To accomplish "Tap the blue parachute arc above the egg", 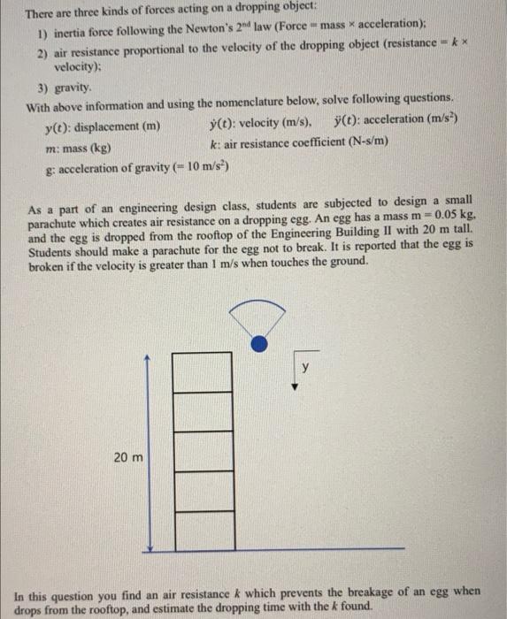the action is click(x=257, y=303).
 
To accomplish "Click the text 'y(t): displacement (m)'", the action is click(x=102, y=126).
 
